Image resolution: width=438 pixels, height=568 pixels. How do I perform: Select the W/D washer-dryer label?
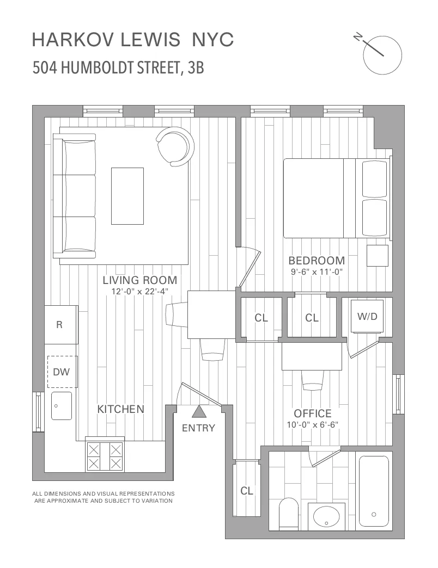tap(367, 316)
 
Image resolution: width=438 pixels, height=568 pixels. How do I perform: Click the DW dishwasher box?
tap(62, 372)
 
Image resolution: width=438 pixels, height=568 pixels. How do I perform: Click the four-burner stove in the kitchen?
tap(105, 455)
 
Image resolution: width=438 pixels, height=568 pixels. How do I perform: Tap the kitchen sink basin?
tap(61, 405)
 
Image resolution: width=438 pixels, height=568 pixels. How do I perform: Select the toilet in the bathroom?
tap(288, 515)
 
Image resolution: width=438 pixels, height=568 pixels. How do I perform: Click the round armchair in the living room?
tap(175, 146)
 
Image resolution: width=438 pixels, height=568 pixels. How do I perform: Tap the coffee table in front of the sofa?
tap(127, 196)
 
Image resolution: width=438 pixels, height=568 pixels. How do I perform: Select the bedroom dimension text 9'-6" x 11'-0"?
tap(316, 271)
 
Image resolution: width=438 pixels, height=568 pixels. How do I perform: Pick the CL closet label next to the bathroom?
tap(247, 491)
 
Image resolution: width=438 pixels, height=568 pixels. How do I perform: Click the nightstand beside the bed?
tap(377, 255)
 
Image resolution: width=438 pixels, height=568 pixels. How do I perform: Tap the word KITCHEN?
tap(120, 409)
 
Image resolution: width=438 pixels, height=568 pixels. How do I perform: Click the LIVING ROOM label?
tap(140, 280)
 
